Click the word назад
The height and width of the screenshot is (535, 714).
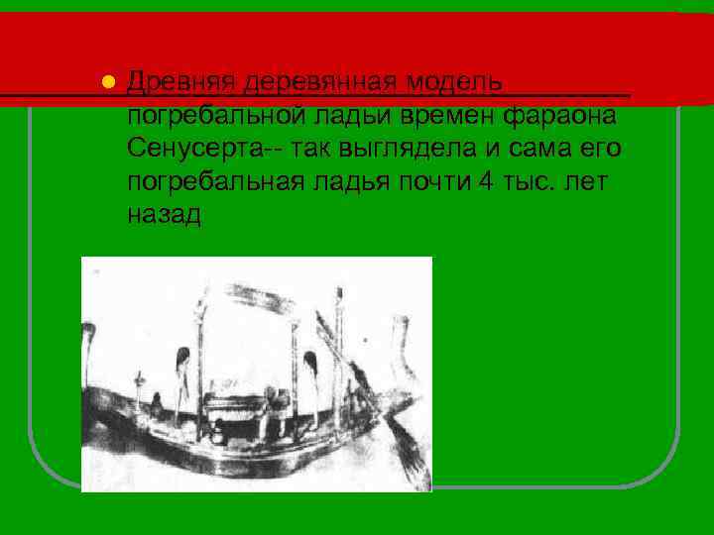click(x=164, y=216)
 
